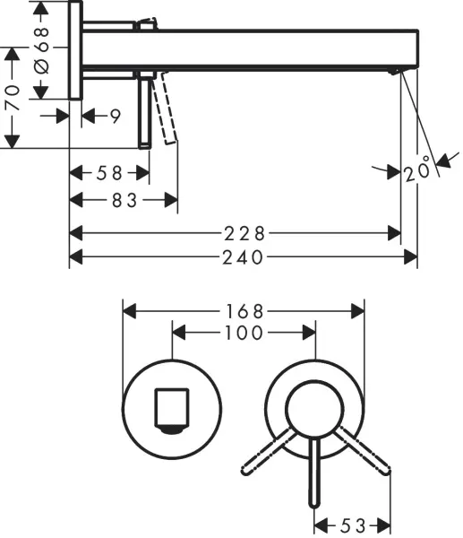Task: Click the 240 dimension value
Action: [243, 257]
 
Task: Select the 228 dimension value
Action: [244, 234]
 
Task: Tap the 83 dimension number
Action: [124, 201]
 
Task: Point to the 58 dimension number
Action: [109, 173]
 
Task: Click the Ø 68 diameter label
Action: [42, 50]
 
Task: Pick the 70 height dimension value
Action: [13, 98]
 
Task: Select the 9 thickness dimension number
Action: [116, 117]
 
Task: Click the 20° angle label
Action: [416, 169]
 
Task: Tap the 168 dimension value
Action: [244, 312]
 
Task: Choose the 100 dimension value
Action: [244, 334]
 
